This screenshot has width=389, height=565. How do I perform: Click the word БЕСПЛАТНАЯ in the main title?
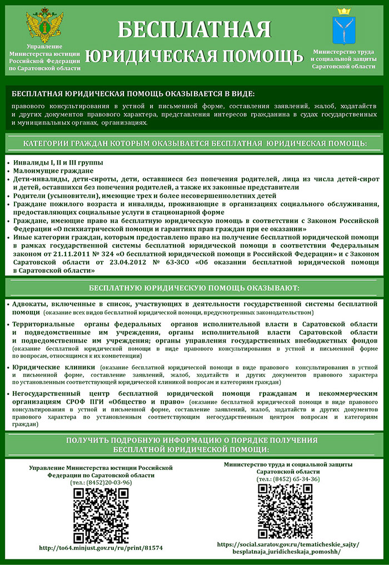point(194,29)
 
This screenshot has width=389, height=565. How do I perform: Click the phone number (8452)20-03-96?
point(101,482)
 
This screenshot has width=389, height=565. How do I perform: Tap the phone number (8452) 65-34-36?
point(288,479)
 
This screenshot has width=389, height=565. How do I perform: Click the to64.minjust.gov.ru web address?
point(101,548)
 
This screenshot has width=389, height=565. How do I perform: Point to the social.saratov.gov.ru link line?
point(288,544)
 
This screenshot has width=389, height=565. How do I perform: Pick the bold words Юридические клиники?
point(53,368)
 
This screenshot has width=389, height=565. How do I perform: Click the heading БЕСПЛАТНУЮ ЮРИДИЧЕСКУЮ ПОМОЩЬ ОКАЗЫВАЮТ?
point(194,288)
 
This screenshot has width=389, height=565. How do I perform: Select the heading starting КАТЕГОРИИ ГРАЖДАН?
point(194,144)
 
